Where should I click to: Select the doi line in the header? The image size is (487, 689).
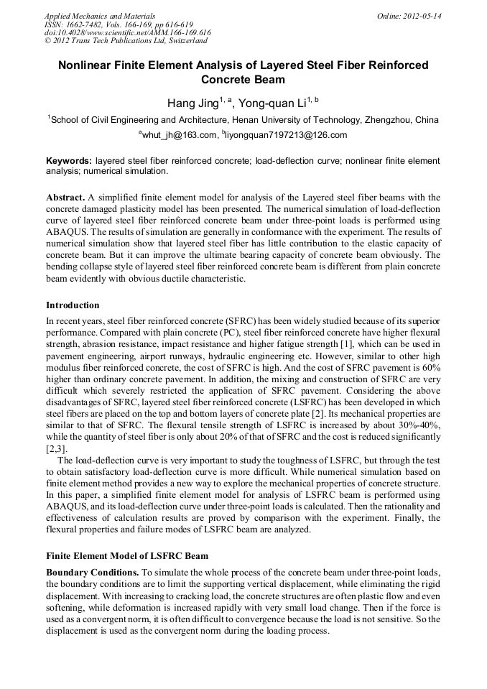[x=127, y=32]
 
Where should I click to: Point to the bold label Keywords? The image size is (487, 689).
[x=69, y=162]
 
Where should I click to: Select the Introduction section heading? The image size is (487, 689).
[x=73, y=305]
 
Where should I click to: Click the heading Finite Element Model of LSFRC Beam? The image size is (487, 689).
[x=127, y=556]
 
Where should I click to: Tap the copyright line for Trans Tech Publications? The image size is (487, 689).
[x=126, y=41]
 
